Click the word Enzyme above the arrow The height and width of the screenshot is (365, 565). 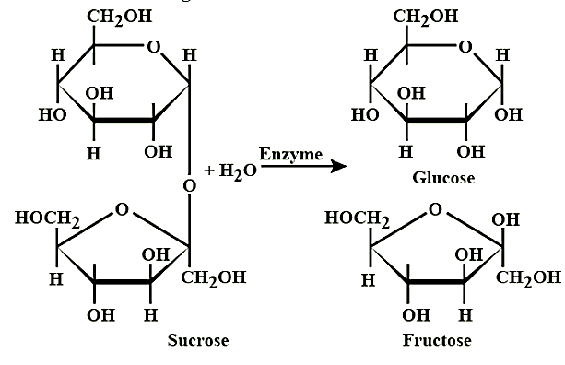(x=290, y=155)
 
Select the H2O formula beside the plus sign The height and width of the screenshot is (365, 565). (x=238, y=171)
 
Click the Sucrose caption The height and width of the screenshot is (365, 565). (x=198, y=340)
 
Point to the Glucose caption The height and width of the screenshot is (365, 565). (x=443, y=178)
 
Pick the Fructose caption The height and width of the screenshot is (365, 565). (x=437, y=340)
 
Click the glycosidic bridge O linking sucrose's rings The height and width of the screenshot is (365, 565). (x=190, y=186)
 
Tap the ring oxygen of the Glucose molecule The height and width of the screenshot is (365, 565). (x=465, y=47)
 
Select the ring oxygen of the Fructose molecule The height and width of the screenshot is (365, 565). (x=435, y=209)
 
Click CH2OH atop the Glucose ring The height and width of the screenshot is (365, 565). (x=426, y=17)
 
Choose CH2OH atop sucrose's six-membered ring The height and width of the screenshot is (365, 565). (x=120, y=17)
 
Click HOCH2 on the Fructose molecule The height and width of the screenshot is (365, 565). (x=357, y=218)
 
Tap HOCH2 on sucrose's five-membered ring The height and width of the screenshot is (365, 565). (x=47, y=218)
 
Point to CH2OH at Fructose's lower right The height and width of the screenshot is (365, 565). (x=529, y=278)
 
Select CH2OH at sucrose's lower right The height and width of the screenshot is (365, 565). (x=214, y=278)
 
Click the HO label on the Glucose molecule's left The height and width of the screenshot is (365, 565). (x=365, y=115)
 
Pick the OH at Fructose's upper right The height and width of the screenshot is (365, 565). (x=505, y=219)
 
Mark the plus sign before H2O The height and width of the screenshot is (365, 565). (x=209, y=171)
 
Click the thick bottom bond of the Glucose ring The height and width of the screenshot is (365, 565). (x=437, y=119)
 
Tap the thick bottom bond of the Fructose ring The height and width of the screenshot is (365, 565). (x=436, y=281)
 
